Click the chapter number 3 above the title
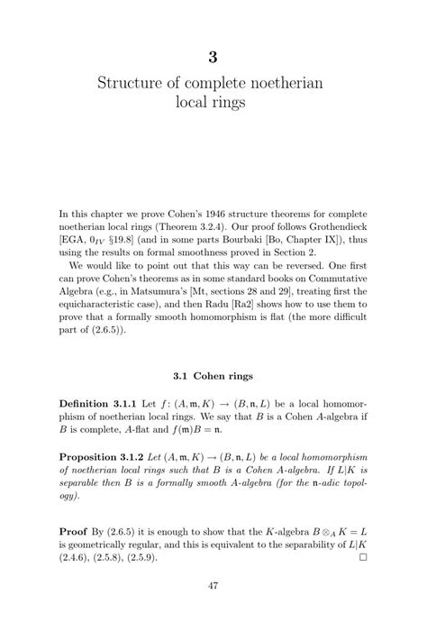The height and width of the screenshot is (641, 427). click(213, 57)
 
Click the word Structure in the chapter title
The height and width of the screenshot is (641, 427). click(132, 84)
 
